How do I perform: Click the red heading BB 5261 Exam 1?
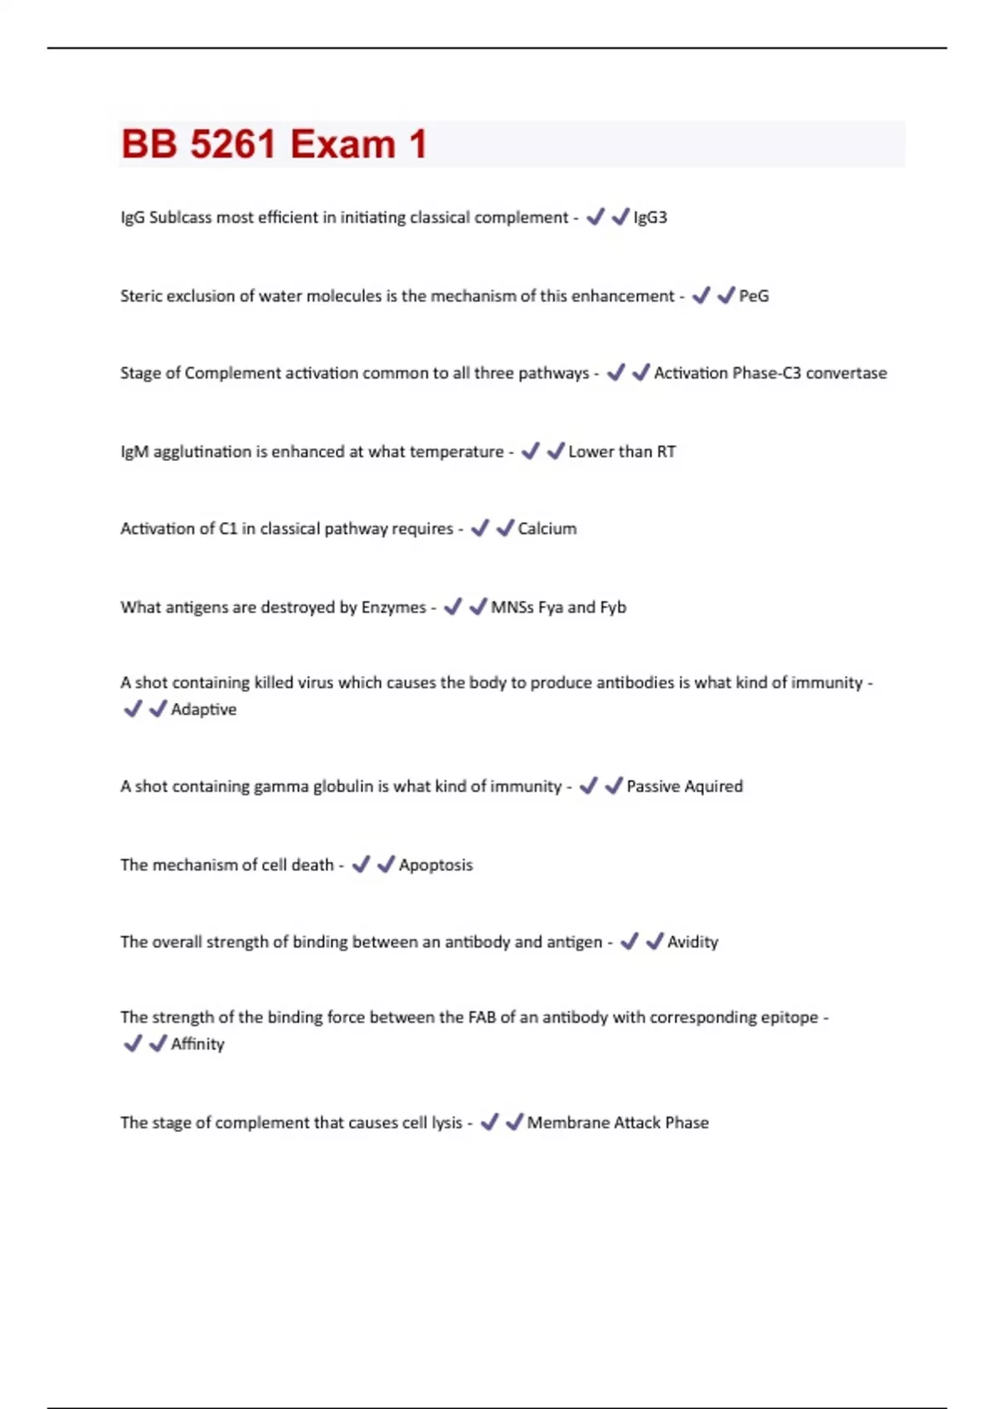(x=274, y=144)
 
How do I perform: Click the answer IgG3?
(x=650, y=217)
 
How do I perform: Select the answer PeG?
(x=754, y=296)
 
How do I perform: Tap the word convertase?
(x=846, y=373)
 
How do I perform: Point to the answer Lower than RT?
(x=622, y=452)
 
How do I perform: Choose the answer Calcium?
(x=546, y=529)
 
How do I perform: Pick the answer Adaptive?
(x=203, y=709)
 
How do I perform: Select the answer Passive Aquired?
(x=684, y=787)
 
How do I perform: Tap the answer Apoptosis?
(x=435, y=865)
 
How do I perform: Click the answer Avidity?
(x=692, y=942)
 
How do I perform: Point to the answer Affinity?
(x=197, y=1044)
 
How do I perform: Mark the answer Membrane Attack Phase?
(x=618, y=1123)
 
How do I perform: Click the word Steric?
(x=141, y=296)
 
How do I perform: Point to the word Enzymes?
(x=393, y=608)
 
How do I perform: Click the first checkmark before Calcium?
(x=480, y=528)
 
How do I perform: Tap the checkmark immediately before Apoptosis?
(x=386, y=864)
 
